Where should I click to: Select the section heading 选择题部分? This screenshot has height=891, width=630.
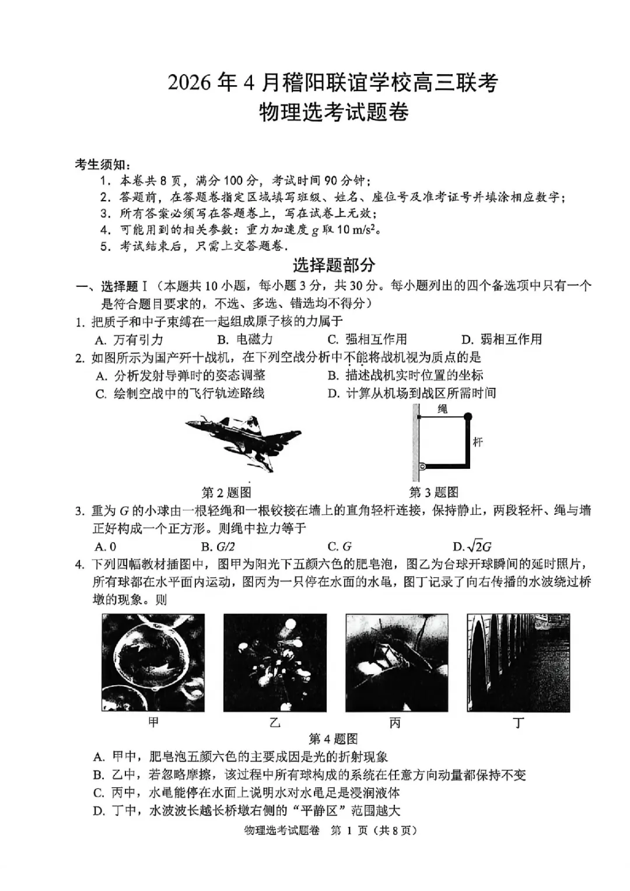(334, 265)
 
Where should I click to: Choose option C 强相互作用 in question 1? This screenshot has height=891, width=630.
(367, 339)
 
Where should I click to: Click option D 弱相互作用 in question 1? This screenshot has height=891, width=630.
(502, 339)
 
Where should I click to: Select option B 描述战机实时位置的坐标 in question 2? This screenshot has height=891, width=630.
(405, 375)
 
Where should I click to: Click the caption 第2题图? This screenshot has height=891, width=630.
(226, 492)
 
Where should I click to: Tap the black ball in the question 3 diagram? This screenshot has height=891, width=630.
(468, 416)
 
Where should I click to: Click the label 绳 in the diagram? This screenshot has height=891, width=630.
(443, 409)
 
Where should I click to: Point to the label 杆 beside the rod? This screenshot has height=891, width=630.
(478, 441)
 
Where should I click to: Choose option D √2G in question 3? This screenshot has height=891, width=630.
(473, 546)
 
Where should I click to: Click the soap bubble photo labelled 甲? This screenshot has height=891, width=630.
(153, 662)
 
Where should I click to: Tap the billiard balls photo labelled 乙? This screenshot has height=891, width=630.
(275, 662)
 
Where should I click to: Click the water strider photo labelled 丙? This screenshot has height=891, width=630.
(397, 662)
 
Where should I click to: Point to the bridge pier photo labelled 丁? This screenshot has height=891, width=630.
(518, 662)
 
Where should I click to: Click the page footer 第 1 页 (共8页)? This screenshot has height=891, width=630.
(373, 830)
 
